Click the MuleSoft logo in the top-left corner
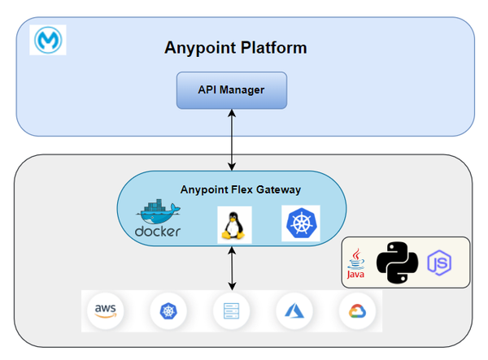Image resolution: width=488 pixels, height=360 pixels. (x=47, y=39)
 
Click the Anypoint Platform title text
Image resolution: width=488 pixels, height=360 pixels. (x=236, y=47)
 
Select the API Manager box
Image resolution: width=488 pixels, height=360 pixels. (x=233, y=89)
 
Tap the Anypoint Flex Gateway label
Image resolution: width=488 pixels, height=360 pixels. (x=240, y=189)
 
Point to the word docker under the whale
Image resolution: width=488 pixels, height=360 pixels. (x=157, y=232)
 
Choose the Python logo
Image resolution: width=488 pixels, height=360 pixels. (x=398, y=262)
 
